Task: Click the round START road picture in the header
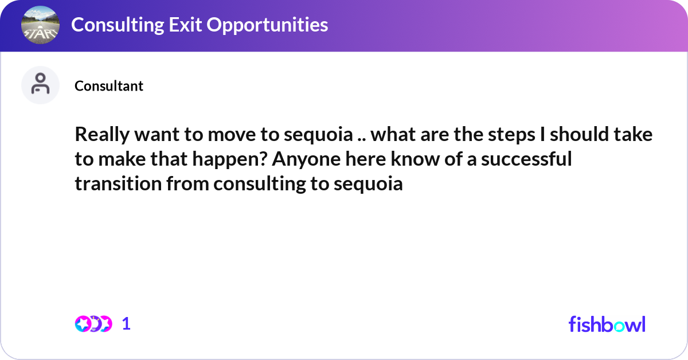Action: tap(40, 26)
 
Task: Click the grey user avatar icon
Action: tap(40, 85)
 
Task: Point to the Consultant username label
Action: tap(109, 86)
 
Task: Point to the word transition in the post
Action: tap(113, 184)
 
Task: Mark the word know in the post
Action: tap(412, 159)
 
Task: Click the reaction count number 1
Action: tap(127, 324)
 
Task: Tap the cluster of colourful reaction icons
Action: tap(93, 324)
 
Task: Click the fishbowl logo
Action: tap(607, 324)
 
